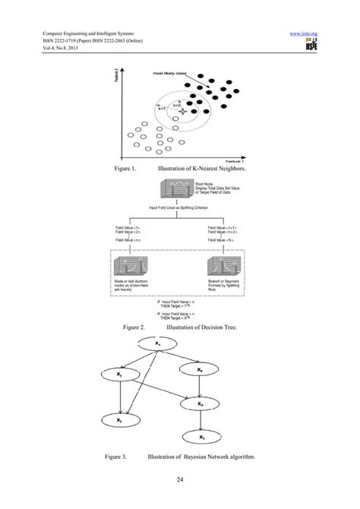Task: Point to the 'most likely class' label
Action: tap(170, 74)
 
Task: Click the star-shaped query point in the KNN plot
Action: tap(181, 112)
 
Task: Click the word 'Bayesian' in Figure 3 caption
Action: tap(198, 458)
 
